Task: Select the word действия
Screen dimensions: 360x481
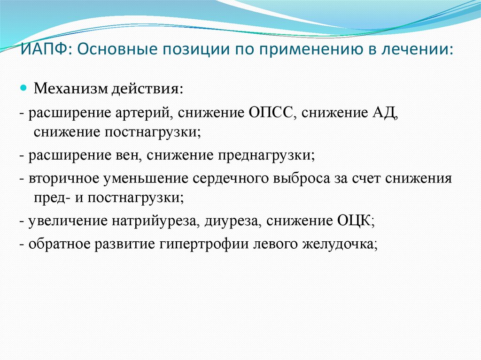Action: point(147,89)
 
